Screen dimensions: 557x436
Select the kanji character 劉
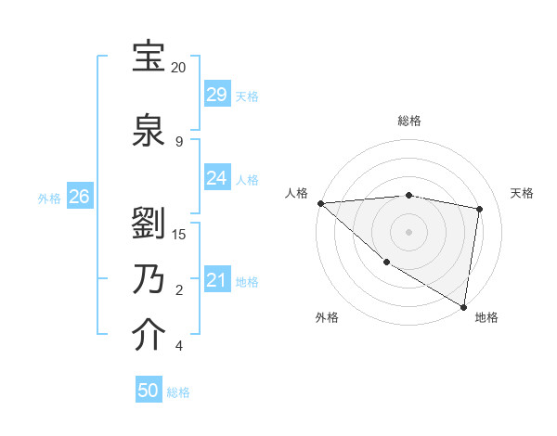pos(149,222)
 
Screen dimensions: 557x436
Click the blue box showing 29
pos(217,95)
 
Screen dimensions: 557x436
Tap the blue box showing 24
pos(217,178)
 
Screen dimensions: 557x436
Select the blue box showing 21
pos(217,280)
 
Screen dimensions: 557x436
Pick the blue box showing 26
pos(80,197)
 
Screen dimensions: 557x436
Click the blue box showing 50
pos(149,391)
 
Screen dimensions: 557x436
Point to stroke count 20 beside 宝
pos(178,68)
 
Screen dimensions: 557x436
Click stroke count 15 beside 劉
pos(179,234)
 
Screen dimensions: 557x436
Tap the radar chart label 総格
pos(408,121)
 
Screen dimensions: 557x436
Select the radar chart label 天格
pos(523,193)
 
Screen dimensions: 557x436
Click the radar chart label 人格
pos(296,193)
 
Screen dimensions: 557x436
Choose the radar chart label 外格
pos(326,317)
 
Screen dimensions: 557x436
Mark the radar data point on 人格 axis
pos(320,202)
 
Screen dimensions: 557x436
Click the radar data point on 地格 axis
pos(463,305)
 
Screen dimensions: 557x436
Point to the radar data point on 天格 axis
pos(480,209)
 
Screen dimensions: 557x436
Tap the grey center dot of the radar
pos(408,231)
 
